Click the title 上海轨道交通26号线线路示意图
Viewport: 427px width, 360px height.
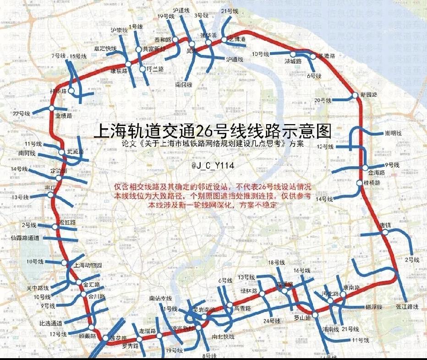pos(212,131)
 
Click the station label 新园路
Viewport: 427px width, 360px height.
pos(369,95)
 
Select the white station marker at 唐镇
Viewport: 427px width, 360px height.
pos(385,232)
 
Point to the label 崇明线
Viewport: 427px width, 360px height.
pos(393,133)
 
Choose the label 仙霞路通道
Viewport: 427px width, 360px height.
pos(25,238)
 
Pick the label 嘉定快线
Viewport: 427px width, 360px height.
pos(105,49)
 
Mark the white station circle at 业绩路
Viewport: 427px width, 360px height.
pos(52,108)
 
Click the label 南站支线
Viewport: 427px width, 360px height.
pos(160,298)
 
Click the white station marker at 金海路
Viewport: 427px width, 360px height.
pos(365,168)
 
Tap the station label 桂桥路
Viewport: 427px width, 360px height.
pos(372,182)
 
